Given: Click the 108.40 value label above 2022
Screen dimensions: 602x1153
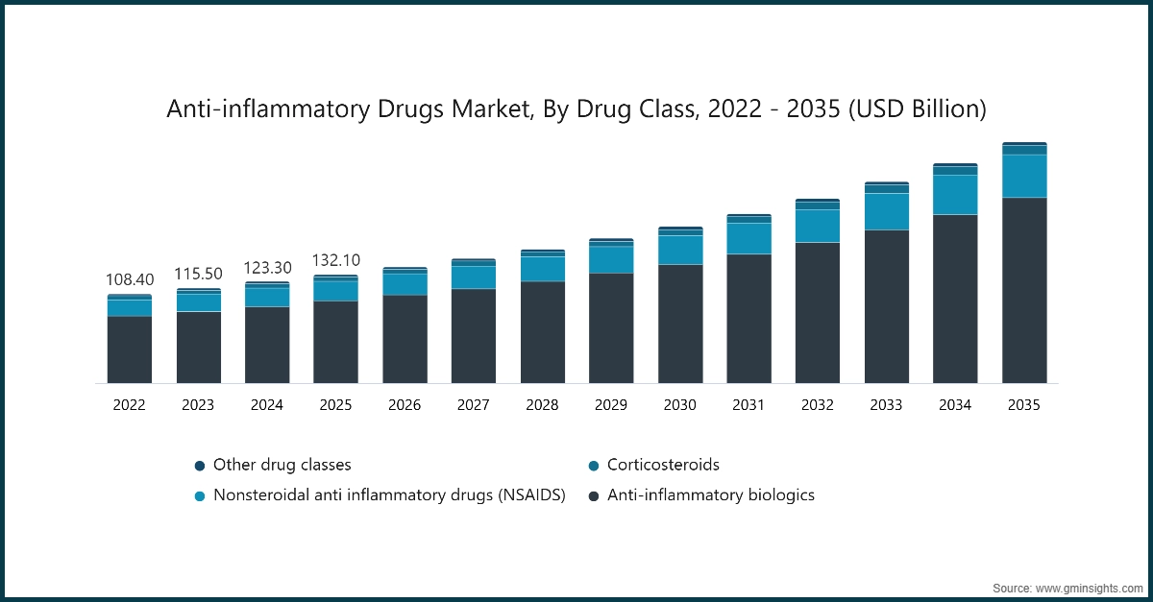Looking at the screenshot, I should tap(129, 279).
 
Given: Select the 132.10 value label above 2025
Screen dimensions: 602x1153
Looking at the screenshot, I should tap(335, 260).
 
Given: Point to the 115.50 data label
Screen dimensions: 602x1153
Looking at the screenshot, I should tap(198, 274).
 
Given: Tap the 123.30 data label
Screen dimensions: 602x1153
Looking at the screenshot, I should tap(267, 268).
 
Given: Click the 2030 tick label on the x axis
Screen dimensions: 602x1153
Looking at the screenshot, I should tap(679, 405).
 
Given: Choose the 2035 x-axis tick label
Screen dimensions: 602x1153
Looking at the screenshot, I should tap(1023, 405).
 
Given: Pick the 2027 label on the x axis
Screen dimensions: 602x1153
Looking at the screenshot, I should tap(473, 405).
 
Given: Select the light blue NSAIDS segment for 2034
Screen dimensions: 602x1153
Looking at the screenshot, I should tap(955, 195).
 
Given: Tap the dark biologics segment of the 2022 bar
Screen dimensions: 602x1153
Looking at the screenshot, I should tap(129, 349).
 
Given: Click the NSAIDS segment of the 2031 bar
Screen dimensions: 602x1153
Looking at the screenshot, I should tap(748, 238).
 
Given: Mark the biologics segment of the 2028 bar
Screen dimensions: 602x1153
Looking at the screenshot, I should tap(542, 332).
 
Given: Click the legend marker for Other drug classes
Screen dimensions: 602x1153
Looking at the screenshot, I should tap(200, 466).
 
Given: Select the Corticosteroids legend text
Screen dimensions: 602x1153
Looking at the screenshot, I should tap(663, 465).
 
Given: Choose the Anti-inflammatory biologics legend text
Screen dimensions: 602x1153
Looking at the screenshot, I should tap(711, 495).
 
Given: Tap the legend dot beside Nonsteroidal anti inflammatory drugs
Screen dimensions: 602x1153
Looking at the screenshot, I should tap(200, 496).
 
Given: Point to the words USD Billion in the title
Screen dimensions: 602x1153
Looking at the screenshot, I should tap(913, 109).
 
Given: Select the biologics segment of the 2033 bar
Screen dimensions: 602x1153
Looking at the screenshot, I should tap(886, 306).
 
